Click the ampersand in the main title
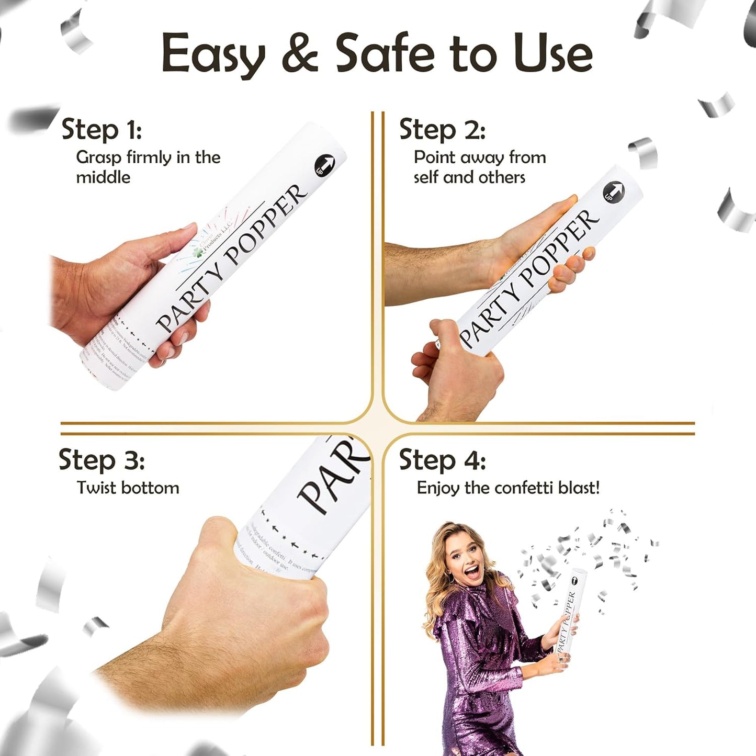tap(300, 53)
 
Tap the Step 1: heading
tap(101, 129)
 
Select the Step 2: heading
tap(442, 129)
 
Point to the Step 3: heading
tap(101, 460)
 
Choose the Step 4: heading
tap(442, 460)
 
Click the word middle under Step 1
tap(103, 177)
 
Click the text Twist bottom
tap(128, 488)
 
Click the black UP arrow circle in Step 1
tap(324, 165)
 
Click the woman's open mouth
tap(472, 571)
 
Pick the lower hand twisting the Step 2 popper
tap(455, 366)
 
